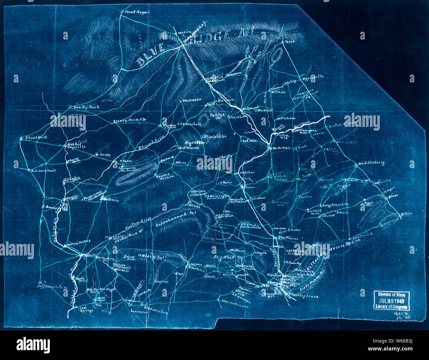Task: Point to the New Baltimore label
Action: coord(235,303)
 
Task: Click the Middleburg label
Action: coord(373,163)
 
